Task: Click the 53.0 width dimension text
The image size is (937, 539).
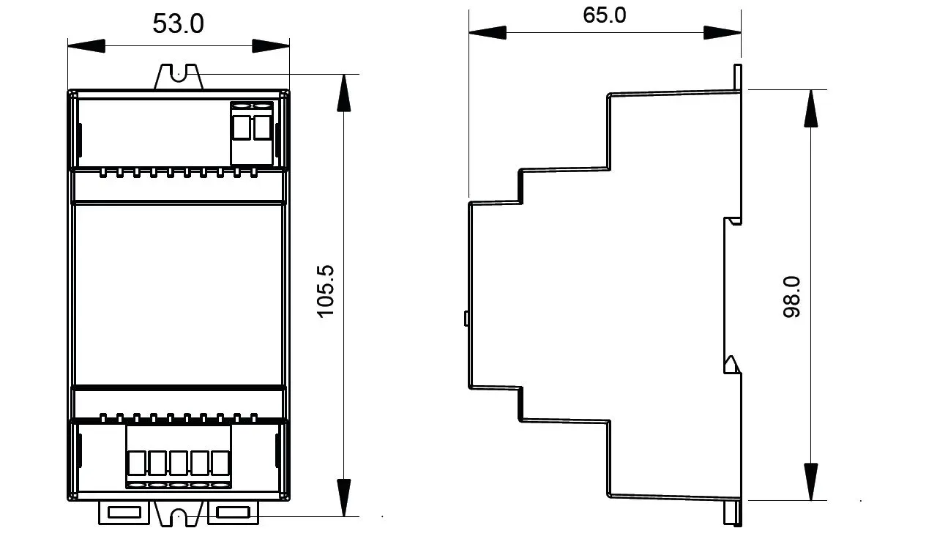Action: coord(178,23)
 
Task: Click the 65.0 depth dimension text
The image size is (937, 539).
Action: coord(605,15)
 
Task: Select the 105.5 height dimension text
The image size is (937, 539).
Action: coord(326,291)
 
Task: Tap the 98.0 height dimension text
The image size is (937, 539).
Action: coord(791,297)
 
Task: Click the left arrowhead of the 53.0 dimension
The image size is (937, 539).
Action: coord(86,45)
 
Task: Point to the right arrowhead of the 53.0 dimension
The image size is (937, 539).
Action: coord(271,45)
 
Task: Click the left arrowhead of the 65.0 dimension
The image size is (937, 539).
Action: coord(488,32)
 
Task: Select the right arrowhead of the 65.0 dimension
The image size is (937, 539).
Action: coord(723,32)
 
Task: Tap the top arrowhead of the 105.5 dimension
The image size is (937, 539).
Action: coord(344,93)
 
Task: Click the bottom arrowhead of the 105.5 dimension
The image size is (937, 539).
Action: coord(344,497)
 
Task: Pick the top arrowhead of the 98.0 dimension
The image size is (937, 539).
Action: coord(810,108)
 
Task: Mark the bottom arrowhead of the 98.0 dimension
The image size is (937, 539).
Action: coord(810,482)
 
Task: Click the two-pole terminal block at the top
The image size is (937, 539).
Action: coord(252,133)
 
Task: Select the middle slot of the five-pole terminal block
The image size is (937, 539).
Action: coord(179,464)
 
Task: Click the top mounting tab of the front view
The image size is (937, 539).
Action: coord(179,77)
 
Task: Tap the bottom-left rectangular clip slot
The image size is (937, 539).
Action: coord(124,513)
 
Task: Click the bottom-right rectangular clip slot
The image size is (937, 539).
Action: coord(234,513)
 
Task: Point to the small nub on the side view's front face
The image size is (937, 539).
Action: coord(466,318)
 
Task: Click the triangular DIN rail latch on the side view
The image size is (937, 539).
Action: coord(731,364)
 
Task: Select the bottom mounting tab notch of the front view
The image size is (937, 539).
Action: coord(179,516)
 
